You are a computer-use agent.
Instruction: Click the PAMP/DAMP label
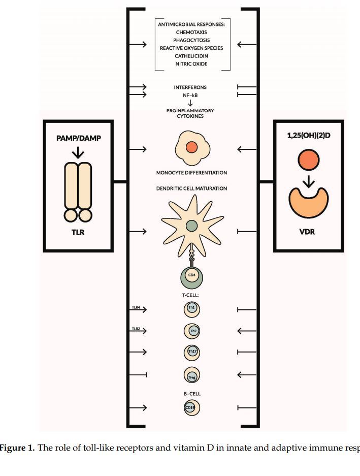point(78,138)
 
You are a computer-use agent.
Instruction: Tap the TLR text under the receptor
point(78,233)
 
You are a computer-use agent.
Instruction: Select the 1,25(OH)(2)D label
point(309,136)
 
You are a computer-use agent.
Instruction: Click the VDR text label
point(308,233)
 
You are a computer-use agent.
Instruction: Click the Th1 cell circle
point(191,308)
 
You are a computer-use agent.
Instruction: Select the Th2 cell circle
point(192,331)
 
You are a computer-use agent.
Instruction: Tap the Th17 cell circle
point(192,352)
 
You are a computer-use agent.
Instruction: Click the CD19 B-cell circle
point(191,407)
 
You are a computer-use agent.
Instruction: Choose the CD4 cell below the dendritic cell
point(191,275)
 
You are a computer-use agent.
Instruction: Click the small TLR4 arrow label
point(136,307)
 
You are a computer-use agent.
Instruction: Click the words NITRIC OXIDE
point(191,64)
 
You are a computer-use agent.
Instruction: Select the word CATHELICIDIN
point(191,56)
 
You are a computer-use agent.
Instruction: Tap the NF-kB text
point(190,95)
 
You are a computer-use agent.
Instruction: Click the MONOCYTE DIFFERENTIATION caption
point(191,173)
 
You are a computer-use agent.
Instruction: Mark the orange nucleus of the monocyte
point(191,147)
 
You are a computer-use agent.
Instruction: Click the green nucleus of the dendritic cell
point(191,226)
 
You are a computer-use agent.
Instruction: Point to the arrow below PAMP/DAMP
point(78,152)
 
